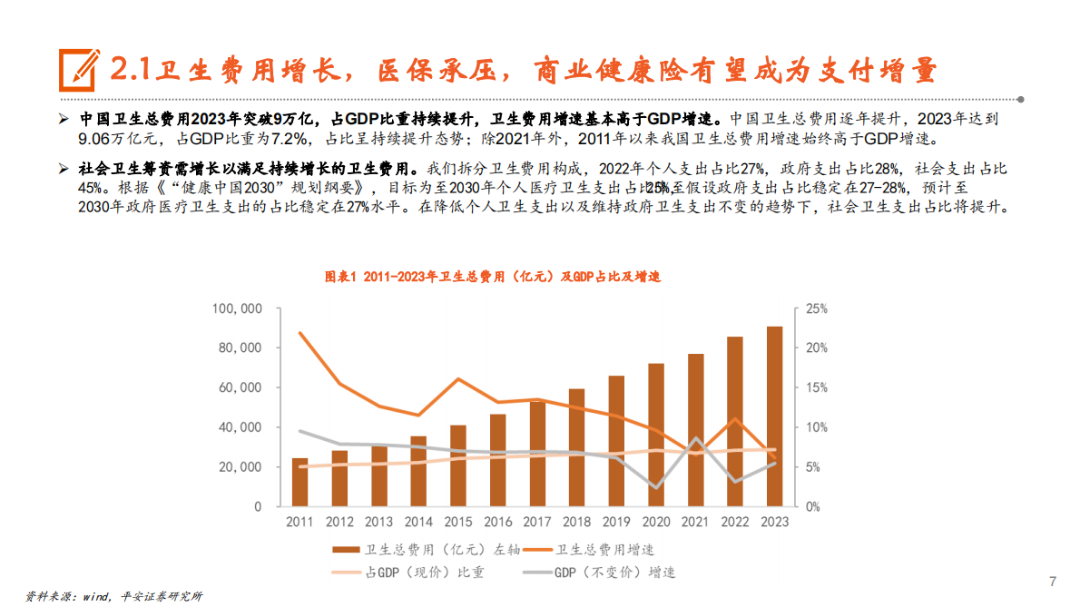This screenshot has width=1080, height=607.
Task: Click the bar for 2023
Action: [x=774, y=416]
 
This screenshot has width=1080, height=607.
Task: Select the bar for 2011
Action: [x=299, y=482]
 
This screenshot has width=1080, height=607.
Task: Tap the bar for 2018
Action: [x=576, y=447]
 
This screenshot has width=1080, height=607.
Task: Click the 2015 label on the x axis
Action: [x=457, y=523]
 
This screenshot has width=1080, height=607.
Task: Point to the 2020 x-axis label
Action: [x=655, y=523]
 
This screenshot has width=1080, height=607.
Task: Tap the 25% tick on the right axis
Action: [x=816, y=308]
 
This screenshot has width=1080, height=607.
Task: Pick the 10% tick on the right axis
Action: [x=816, y=427]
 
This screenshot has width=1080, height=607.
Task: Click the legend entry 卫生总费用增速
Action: [x=604, y=550]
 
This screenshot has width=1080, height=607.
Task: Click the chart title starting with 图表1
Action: [x=493, y=277]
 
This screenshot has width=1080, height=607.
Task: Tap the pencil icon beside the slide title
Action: [x=79, y=70]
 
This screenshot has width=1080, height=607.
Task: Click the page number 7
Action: [x=1053, y=582]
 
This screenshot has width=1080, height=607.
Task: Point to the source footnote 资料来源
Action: [x=113, y=596]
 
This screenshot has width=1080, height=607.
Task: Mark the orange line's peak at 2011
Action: [x=299, y=333]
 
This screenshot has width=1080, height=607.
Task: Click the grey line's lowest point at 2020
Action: [x=655, y=488]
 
